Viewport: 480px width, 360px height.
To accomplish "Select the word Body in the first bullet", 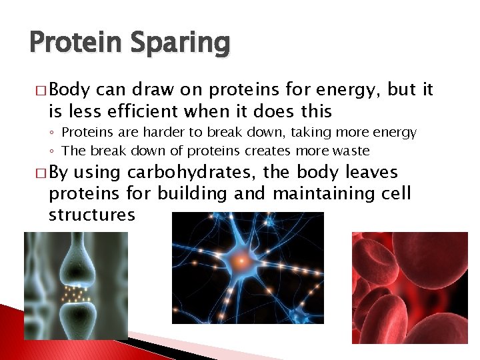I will (x=71, y=89).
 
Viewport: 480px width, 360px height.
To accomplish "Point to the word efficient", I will (x=131, y=110).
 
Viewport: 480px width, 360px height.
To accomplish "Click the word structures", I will (x=92, y=215).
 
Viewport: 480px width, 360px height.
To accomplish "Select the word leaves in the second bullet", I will (x=372, y=173).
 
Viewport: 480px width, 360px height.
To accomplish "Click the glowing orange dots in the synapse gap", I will (x=75, y=293).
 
